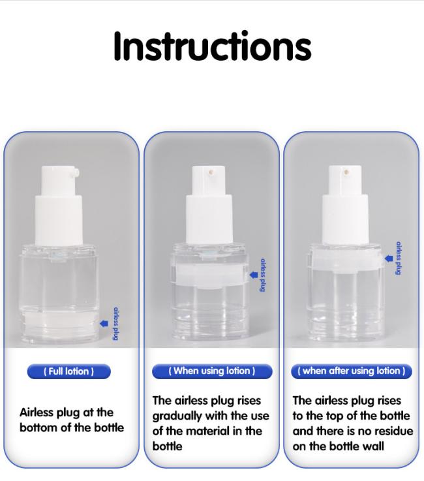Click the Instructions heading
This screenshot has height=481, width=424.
click(x=212, y=46)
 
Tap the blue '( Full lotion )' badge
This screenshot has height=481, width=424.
click(x=68, y=371)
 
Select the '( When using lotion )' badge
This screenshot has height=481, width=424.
click(x=212, y=371)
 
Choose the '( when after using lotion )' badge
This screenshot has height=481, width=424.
click(x=352, y=371)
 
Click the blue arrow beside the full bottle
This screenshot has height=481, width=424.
click(x=104, y=323)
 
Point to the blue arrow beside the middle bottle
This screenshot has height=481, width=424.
click(x=254, y=275)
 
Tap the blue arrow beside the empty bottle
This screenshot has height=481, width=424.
click(x=389, y=258)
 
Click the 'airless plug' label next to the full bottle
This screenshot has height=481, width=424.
click(x=115, y=324)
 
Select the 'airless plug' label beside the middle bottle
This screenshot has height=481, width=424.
click(x=262, y=275)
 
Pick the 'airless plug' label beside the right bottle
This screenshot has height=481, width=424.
click(x=399, y=258)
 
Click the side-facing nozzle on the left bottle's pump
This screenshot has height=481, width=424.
click(x=76, y=173)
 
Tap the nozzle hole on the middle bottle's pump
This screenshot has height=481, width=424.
click(x=211, y=172)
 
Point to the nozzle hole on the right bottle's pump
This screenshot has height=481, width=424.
click(x=347, y=172)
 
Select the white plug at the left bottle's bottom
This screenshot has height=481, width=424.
click(x=61, y=322)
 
